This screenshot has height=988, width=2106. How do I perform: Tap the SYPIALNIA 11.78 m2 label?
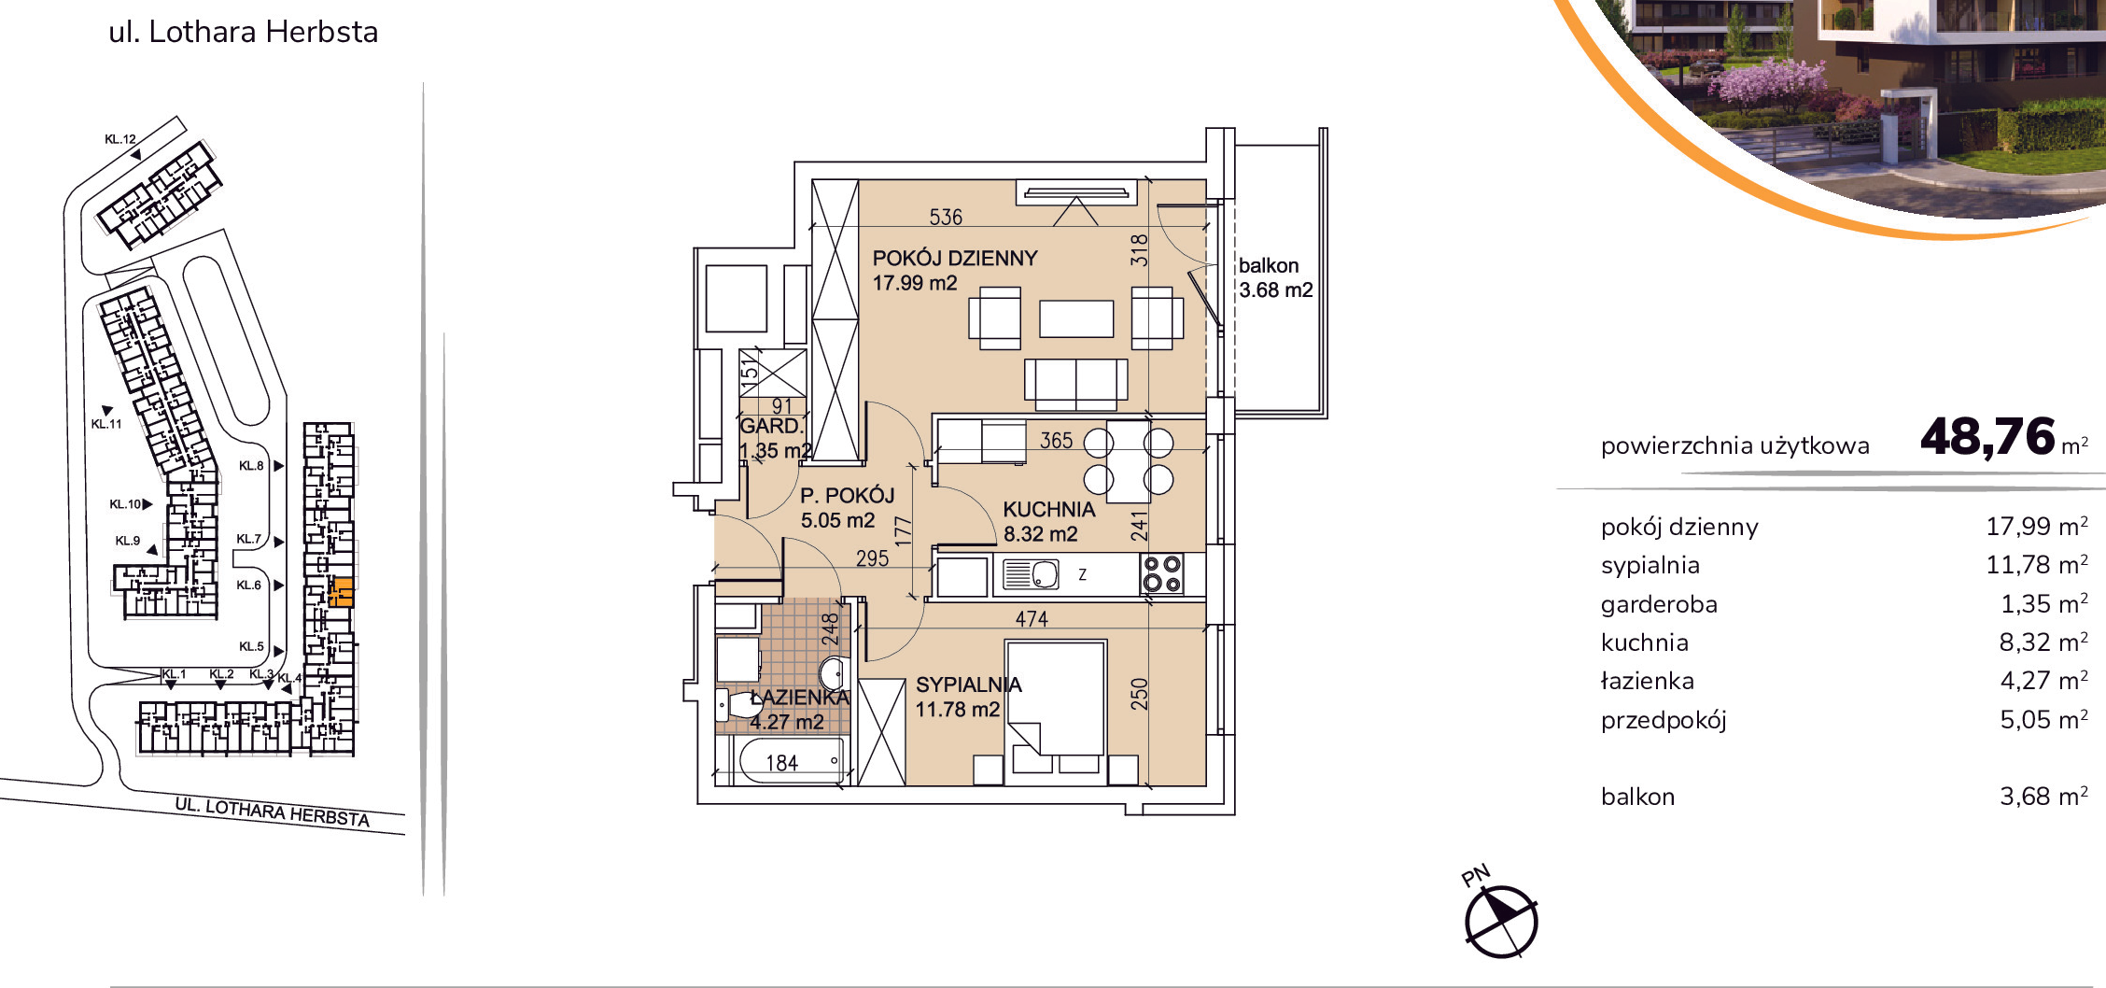click(968, 697)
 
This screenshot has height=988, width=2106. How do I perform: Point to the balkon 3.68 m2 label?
click(1275, 277)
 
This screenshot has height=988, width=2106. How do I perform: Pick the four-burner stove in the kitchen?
click(1162, 573)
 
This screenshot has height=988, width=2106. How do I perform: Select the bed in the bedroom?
click(1056, 697)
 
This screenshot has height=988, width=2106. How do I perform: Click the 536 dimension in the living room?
click(946, 217)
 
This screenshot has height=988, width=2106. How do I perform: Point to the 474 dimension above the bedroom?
click(1032, 618)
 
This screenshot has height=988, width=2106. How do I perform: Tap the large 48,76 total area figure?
click(1987, 436)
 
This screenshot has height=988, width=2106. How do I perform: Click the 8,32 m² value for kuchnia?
click(2043, 642)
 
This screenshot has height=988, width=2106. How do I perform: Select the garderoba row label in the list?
click(1659, 604)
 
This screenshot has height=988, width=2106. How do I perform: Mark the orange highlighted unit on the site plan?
click(342, 593)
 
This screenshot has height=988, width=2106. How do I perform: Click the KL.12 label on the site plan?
click(120, 139)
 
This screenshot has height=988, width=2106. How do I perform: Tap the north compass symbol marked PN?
click(1500, 920)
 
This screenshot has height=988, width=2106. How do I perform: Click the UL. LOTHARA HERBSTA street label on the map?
click(273, 812)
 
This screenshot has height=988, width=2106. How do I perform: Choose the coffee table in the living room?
click(1076, 318)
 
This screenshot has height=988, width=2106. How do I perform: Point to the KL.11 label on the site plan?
click(106, 423)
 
